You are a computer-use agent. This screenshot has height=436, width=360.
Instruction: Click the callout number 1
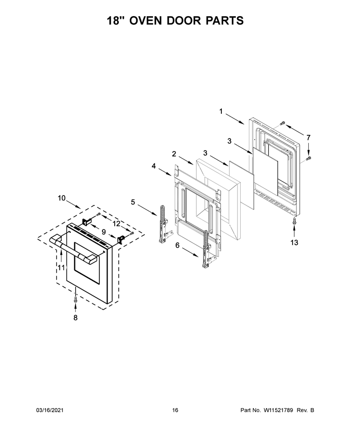pyautogui.click(x=221, y=111)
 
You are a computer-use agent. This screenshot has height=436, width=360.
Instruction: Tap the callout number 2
pyautogui.click(x=174, y=154)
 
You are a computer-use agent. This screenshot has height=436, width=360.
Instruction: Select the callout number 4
pyautogui.click(x=154, y=166)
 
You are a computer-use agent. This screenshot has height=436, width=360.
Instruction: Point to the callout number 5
pyautogui.click(x=133, y=202)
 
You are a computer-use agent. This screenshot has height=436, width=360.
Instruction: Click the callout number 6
pyautogui.click(x=177, y=245)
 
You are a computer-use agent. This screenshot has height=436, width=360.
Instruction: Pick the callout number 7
pyautogui.click(x=308, y=138)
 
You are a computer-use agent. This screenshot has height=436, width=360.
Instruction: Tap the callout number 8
pyautogui.click(x=76, y=317)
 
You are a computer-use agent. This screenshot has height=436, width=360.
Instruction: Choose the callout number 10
pyautogui.click(x=62, y=198)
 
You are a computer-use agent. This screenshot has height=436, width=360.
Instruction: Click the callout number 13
pyautogui.click(x=294, y=242)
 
